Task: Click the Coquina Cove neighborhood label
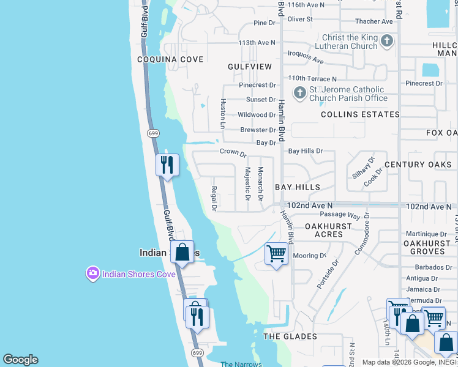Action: [170, 59]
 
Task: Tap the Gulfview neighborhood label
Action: [249, 66]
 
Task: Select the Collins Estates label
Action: [360, 114]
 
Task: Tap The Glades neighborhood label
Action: [290, 336]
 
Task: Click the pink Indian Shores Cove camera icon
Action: [93, 273]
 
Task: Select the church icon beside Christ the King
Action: [386, 42]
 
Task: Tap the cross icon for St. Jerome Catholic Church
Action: [299, 93]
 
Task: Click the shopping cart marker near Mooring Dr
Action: [276, 253]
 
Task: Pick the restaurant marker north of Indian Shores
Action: [167, 165]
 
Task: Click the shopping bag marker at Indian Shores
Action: [182, 251]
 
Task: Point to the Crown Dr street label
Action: [233, 152]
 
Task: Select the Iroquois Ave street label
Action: [306, 57]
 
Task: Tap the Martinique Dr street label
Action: [429, 234]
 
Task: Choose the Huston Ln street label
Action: [223, 114]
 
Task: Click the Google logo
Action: [20, 360]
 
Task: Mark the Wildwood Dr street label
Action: [257, 115]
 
